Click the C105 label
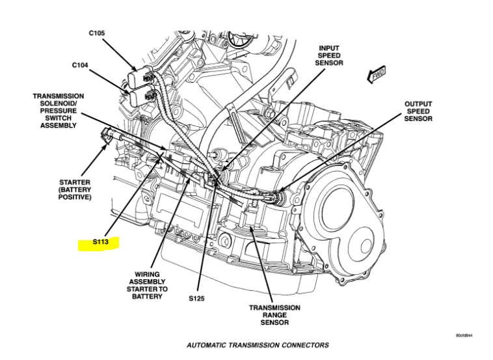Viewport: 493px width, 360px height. click(96, 33)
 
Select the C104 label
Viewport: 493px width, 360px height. click(81, 65)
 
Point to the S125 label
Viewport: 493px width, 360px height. click(198, 299)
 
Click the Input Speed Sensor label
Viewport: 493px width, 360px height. click(328, 55)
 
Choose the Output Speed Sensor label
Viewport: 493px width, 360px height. click(418, 111)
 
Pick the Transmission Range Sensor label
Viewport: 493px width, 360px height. click(274, 315)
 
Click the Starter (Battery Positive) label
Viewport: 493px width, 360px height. click(75, 189)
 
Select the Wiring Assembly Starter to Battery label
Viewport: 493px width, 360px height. click(151, 285)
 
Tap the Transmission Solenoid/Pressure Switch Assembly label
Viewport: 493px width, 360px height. click(59, 111)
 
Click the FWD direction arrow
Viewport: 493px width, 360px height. click(377, 76)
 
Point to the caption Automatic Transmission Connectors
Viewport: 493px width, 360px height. click(258, 345)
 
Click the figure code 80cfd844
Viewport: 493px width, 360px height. click(464, 336)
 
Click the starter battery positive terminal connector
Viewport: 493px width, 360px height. click(109, 135)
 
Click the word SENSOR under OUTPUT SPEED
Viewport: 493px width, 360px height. click(418, 119)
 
